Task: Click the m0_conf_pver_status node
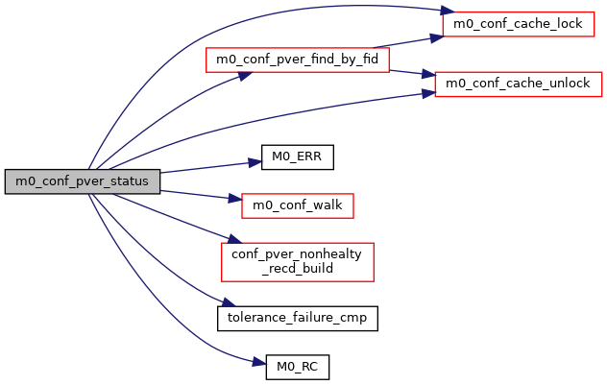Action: [82, 181]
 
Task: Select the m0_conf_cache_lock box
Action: [512, 24]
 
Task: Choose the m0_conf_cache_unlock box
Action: [519, 84]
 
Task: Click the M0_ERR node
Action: [298, 158]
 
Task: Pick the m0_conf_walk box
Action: [298, 205]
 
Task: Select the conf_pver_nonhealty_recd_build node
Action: [298, 261]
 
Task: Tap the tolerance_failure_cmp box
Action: [298, 316]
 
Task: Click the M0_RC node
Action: [298, 365]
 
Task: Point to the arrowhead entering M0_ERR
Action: [255, 161]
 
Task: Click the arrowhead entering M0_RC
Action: [256, 364]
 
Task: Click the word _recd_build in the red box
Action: [298, 269]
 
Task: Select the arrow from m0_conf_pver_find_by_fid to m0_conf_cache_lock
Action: [403, 42]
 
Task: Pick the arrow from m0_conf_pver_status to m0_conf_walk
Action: [198, 195]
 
